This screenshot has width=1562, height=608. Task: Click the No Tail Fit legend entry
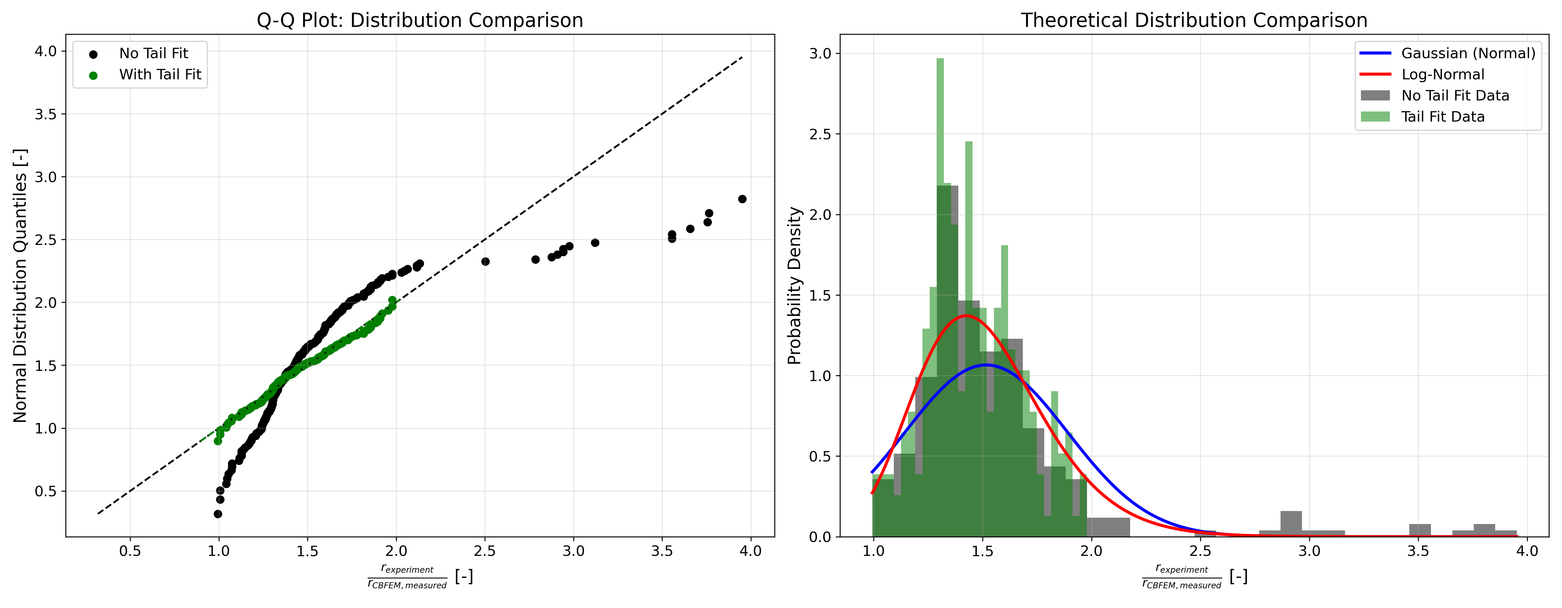point(153,53)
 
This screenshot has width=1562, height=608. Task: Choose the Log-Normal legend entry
point(1443,75)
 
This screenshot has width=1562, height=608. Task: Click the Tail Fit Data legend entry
point(1443,116)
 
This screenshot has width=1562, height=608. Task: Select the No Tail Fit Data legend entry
point(1455,95)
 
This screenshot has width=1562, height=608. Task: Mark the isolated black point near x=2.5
point(485,261)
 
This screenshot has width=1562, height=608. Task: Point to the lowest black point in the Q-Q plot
point(218,514)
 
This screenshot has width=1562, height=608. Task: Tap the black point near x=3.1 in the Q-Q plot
point(595,243)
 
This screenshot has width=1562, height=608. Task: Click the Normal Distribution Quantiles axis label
point(20,285)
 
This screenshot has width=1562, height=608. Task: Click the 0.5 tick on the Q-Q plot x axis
point(130,551)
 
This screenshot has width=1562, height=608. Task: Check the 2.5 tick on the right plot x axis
point(1200,551)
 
